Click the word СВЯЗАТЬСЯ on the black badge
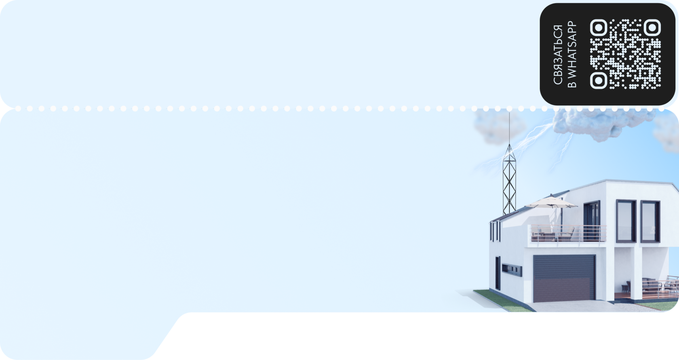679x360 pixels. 558,55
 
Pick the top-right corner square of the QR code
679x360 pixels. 652,27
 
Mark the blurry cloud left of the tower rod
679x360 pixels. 489,125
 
